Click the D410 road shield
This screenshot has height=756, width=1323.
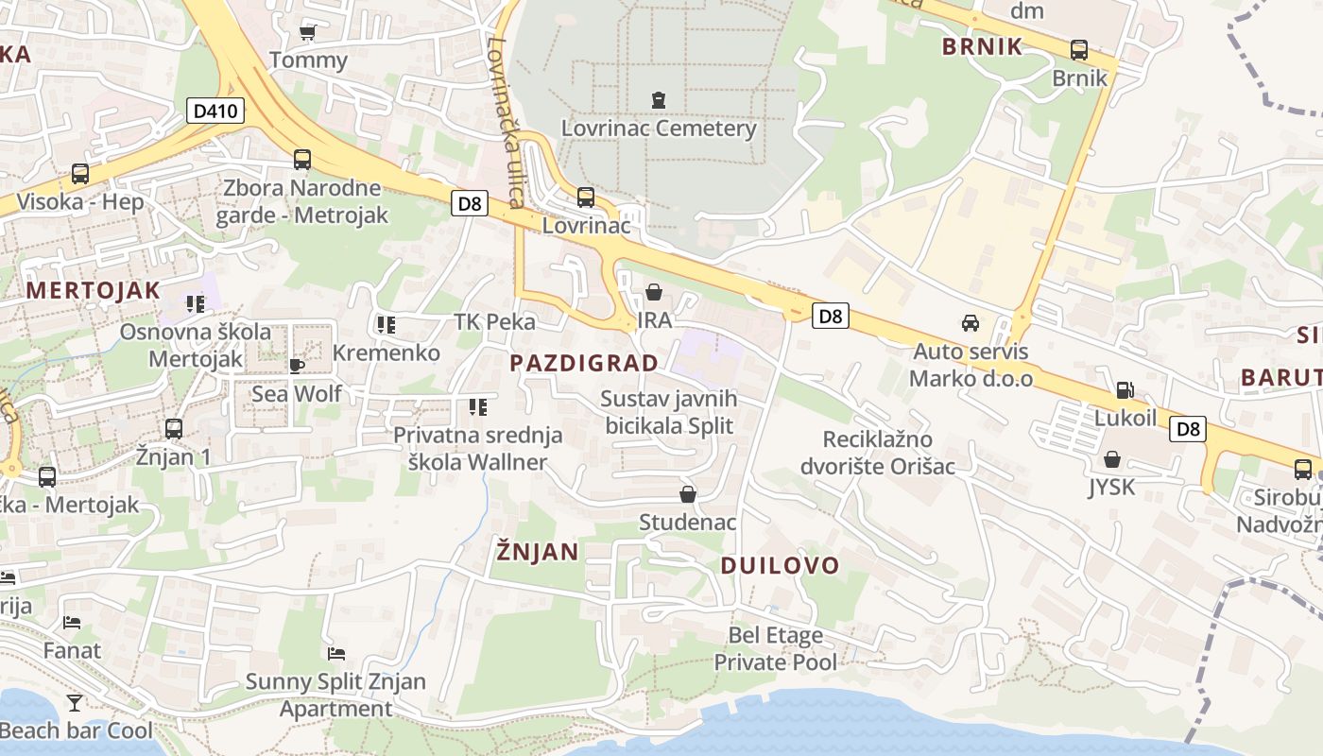point(215,112)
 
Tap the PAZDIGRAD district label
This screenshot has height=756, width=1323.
point(584,363)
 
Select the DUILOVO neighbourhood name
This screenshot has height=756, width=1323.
point(780,565)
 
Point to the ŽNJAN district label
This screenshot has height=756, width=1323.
point(538,551)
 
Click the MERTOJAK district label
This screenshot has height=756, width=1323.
point(94,290)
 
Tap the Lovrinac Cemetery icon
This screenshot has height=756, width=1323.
point(658,99)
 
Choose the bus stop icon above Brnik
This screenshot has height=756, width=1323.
point(1078,50)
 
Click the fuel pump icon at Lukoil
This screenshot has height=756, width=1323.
point(1125,389)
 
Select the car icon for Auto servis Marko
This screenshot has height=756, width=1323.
point(971,323)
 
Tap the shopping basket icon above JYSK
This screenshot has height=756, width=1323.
point(1112,460)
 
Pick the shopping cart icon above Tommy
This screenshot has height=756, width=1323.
point(307,33)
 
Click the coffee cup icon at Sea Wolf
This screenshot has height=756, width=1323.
point(296,366)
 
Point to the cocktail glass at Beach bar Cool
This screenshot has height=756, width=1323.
point(75,702)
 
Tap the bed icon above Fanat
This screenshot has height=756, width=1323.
point(72,623)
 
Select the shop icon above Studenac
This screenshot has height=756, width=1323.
point(688,494)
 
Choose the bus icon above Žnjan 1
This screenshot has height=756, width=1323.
point(173,429)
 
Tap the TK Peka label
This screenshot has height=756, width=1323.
point(494,321)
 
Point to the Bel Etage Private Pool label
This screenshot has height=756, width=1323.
point(775,648)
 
